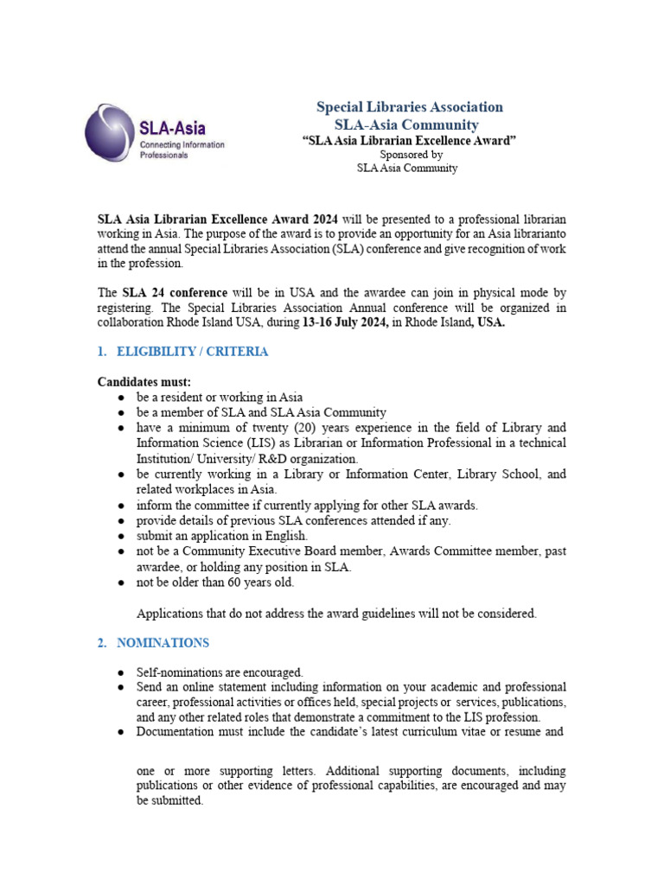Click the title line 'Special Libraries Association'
409,107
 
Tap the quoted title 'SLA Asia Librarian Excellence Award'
409,141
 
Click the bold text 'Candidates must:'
144,381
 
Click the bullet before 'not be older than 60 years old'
121,583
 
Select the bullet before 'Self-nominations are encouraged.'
121,672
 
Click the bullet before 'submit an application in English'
121,536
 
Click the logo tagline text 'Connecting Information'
182,144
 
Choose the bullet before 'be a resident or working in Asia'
121,398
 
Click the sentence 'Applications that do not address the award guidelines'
337,614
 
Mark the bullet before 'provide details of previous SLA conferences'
121,520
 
